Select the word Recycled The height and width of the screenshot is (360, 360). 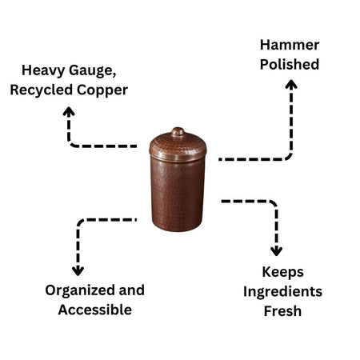point(41,90)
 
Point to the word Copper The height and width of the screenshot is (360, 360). point(101,90)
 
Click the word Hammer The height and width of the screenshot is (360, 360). point(290,45)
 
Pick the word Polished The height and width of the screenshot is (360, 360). point(290,64)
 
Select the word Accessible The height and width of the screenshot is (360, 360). point(94,309)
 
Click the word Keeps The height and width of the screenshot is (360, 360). point(282,272)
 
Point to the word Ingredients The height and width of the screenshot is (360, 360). point(282,291)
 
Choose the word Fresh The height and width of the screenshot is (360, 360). point(282,310)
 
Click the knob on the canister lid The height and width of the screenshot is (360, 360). point(178,132)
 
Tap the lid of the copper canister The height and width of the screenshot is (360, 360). point(178,146)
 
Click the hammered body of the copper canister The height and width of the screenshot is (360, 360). point(178,192)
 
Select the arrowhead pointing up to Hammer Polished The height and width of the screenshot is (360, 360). point(290,85)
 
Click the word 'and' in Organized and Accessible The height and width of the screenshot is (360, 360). point(130,290)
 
